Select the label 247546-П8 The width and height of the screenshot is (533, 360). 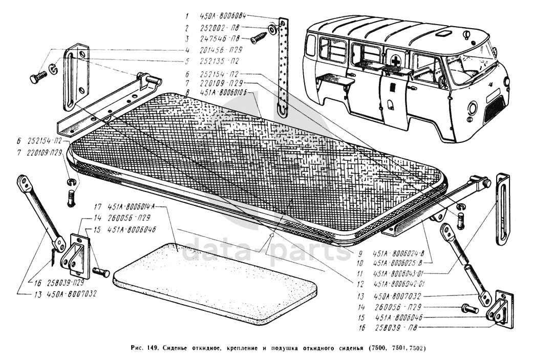[x=220, y=39]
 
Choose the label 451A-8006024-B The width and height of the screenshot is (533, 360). [x=399, y=253]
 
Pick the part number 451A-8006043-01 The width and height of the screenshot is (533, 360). [x=399, y=273]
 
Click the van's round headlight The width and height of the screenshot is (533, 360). [x=472, y=108]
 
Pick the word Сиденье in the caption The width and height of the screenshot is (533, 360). [x=179, y=348]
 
